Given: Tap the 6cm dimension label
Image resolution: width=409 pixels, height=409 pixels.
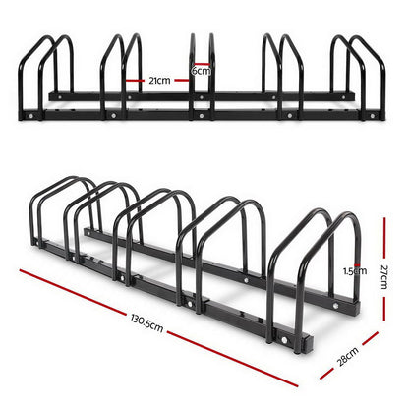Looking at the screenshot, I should coord(202,71).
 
